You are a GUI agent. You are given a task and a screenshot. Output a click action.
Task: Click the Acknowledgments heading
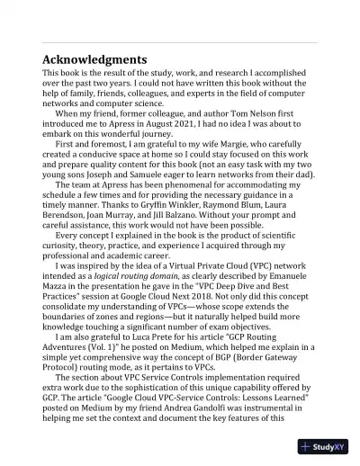pyautogui.click(x=95, y=59)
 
